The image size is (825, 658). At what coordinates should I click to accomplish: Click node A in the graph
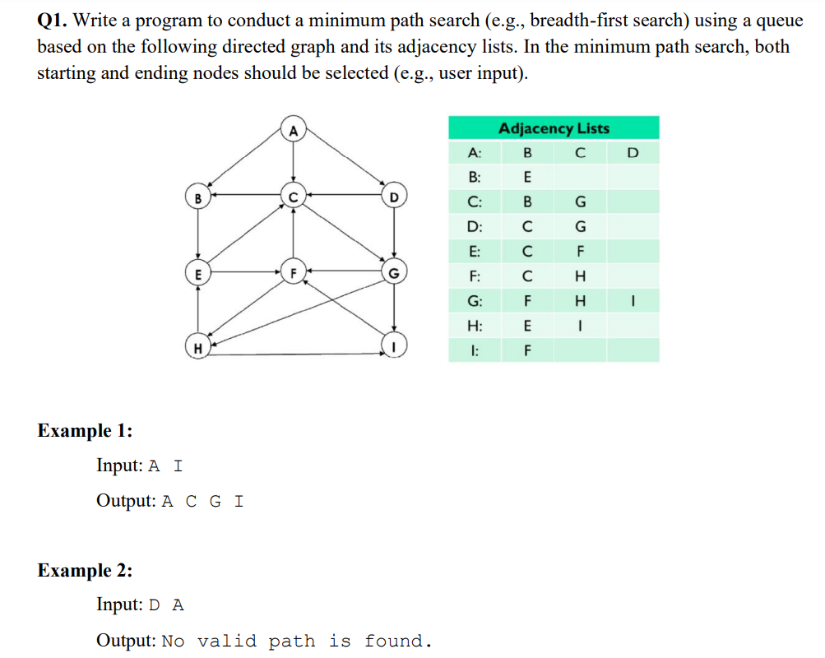tap(292, 129)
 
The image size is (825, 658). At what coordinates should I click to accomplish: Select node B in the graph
tap(197, 197)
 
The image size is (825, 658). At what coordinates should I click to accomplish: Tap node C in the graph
tap(292, 197)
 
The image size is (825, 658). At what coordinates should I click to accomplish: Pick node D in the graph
tap(395, 197)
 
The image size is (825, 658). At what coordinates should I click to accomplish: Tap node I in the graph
tap(395, 347)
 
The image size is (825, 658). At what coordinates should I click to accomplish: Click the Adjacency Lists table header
tap(554, 128)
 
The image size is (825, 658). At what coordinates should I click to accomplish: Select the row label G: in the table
tap(474, 301)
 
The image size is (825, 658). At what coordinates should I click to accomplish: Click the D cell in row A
tap(632, 153)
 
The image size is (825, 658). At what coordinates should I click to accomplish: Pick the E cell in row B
tap(527, 177)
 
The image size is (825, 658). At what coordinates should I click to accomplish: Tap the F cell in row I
tap(527, 350)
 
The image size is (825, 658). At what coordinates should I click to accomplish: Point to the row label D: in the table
tap(474, 227)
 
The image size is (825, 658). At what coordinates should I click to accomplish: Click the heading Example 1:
tap(85, 430)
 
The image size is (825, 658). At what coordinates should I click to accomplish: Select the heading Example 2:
tap(85, 570)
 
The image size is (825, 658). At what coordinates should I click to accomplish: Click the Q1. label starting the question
tap(53, 21)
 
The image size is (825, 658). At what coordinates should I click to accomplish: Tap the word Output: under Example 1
tap(126, 500)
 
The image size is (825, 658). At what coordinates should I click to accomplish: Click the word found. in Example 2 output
tap(399, 641)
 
